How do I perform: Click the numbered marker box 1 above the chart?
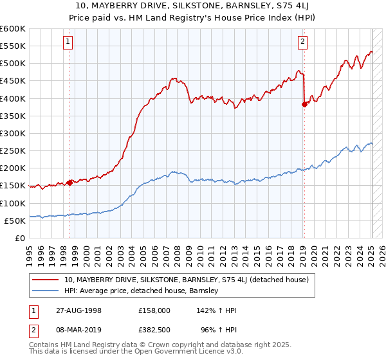tap(69, 42)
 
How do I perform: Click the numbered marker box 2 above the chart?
tap(302, 42)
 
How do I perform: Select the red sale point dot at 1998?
tap(69, 183)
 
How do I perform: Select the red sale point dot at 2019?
tap(304, 104)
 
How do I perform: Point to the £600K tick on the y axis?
tap(13, 29)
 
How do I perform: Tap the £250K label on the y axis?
tap(13, 150)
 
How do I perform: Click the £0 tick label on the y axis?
tap(20, 238)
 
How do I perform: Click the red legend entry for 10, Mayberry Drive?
tap(187, 280)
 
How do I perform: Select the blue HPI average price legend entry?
tap(142, 291)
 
